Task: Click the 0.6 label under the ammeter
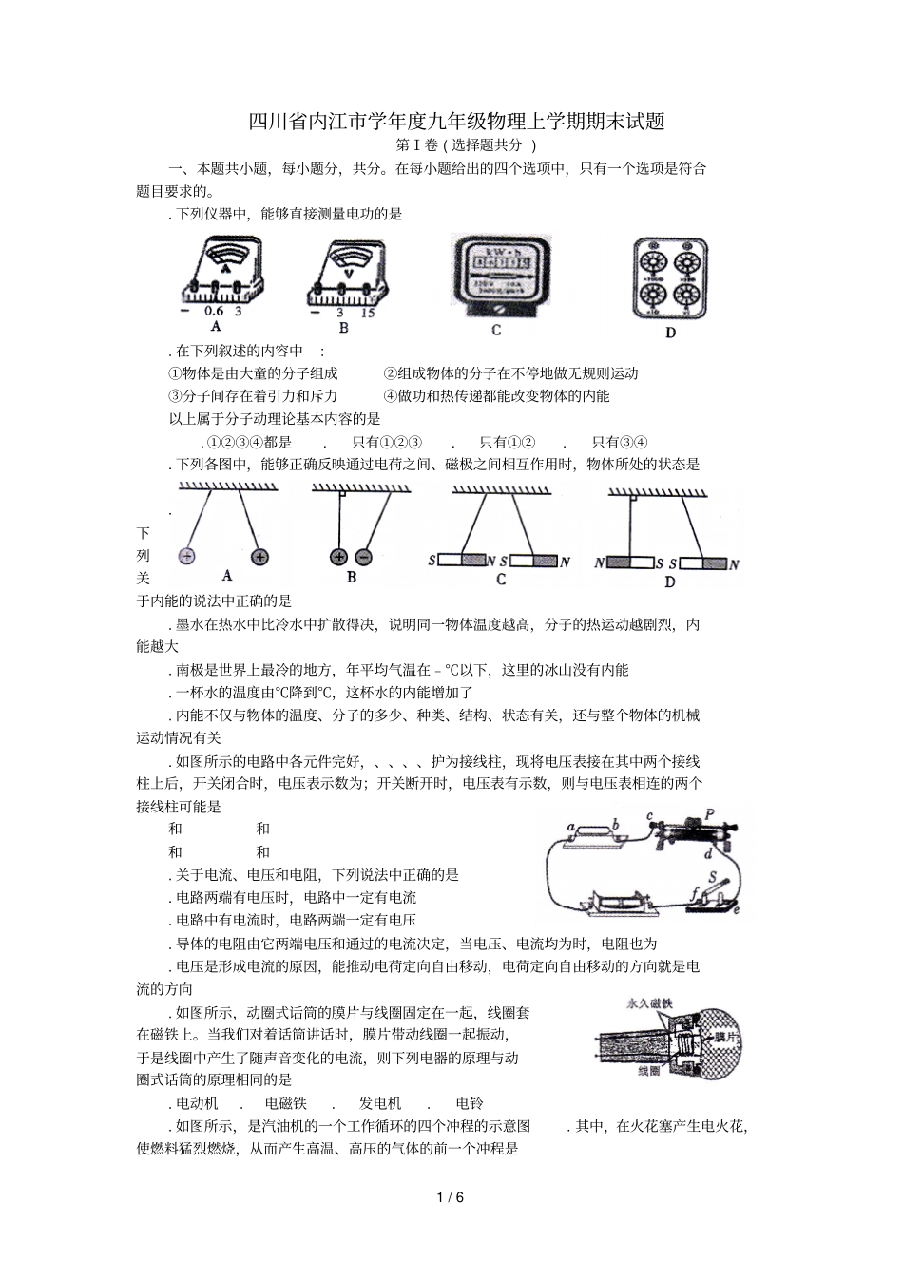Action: pos(214,312)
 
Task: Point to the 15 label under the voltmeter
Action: pos(368,313)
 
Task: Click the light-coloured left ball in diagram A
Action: pos(187,555)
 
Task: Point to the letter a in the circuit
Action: pos(570,827)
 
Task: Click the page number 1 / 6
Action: pos(451,1196)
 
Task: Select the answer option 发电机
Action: pos(380,1103)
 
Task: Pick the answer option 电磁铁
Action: pos(286,1103)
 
